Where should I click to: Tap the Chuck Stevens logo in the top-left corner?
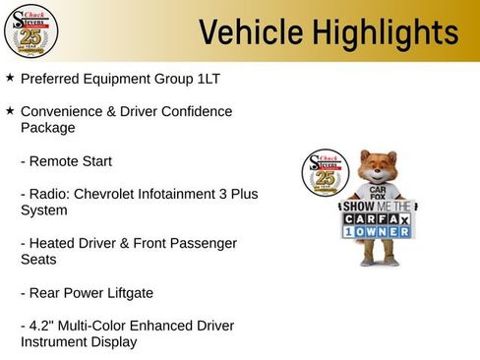pos(30,31)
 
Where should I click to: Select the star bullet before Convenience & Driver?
pos(10,111)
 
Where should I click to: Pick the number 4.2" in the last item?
pos(44,326)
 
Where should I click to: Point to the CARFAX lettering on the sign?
pos(379,219)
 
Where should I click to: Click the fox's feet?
pos(378,262)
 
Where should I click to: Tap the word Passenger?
pos(203,243)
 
